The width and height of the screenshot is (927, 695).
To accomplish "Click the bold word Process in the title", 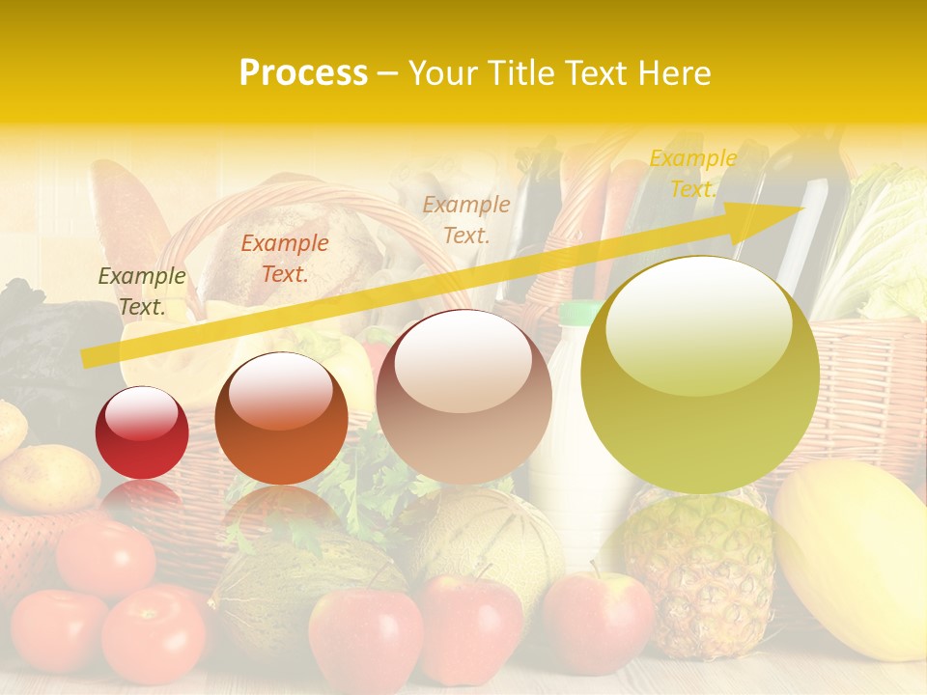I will coord(303,72).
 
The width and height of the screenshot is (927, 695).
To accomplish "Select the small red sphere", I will coord(142,433).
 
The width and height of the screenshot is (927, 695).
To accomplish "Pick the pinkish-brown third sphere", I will coord(463,398).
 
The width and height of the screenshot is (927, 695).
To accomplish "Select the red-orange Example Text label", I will coord(284,259).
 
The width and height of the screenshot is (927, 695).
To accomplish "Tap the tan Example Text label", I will coord(466,219).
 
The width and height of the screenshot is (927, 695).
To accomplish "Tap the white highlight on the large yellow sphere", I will coord(698,323).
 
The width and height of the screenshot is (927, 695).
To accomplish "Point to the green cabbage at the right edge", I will coord(884,241).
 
